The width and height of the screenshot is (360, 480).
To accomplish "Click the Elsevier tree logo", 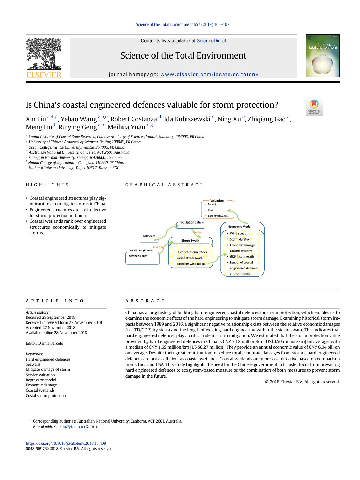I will click(44, 54).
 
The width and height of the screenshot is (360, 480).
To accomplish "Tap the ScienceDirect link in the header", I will click(211, 41).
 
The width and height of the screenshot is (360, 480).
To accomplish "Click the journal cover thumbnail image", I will click(322, 55).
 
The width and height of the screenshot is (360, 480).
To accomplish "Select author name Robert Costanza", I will click(134, 119).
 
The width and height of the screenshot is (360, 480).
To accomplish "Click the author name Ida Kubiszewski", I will click(187, 119).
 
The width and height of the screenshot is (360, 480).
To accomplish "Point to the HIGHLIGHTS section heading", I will click(47, 185).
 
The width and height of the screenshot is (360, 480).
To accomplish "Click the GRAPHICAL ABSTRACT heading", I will click(164, 185).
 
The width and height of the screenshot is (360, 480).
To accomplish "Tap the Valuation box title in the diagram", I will click(217, 201).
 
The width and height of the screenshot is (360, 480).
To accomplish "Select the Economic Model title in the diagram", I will click(240, 227).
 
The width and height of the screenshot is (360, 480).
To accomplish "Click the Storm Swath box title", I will click(190, 241).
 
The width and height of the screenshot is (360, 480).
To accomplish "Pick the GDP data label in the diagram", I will click(149, 236).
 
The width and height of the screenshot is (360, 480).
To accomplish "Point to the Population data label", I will click(190, 222).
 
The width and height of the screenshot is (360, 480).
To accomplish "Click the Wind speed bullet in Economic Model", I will click(238, 234).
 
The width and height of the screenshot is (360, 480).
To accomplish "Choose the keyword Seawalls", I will click(33, 364).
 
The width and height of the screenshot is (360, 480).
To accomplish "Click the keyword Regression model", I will click(41, 380).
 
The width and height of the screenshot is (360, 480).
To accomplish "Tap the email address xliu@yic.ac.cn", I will click(71, 427).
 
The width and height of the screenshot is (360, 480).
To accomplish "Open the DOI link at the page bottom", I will click(66, 443).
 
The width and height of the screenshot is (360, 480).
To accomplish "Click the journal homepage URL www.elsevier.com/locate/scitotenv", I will click(209, 75).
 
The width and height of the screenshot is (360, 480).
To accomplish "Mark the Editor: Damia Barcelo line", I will click(44, 343).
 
